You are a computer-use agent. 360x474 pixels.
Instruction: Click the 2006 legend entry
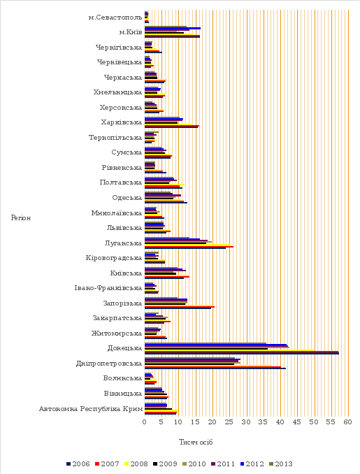click(x=78, y=464)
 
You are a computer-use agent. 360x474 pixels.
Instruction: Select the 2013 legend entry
click(x=281, y=464)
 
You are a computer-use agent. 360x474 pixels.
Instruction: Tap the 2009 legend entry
click(x=165, y=464)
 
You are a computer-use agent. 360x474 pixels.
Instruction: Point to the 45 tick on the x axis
click(x=297, y=422)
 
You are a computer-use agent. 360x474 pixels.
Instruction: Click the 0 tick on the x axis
click(x=145, y=422)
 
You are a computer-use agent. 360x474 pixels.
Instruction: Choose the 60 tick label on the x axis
click(x=348, y=422)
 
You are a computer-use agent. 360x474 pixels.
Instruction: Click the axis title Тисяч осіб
click(x=196, y=443)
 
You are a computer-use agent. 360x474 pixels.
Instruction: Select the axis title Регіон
click(x=21, y=218)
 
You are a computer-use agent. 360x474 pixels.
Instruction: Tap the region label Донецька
click(x=124, y=348)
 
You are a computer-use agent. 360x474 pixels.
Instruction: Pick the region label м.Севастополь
click(x=115, y=17)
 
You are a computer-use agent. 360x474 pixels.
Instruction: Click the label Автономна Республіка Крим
click(x=91, y=409)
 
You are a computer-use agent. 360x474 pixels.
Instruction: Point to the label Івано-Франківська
click(x=108, y=288)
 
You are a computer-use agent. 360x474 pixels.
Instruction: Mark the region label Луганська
click(x=123, y=243)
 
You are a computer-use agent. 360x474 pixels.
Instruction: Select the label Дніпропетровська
click(x=109, y=364)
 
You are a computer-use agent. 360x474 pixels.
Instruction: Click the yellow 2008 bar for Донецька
click(x=229, y=350)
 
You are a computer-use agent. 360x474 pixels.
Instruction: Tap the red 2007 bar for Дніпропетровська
click(x=213, y=366)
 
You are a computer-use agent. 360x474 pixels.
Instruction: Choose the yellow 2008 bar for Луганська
click(x=188, y=245)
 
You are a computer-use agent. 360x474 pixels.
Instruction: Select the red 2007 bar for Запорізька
click(x=180, y=306)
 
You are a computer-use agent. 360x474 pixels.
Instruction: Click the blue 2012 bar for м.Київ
click(x=173, y=28)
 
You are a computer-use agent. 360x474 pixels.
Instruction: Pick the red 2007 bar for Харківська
click(x=172, y=125)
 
